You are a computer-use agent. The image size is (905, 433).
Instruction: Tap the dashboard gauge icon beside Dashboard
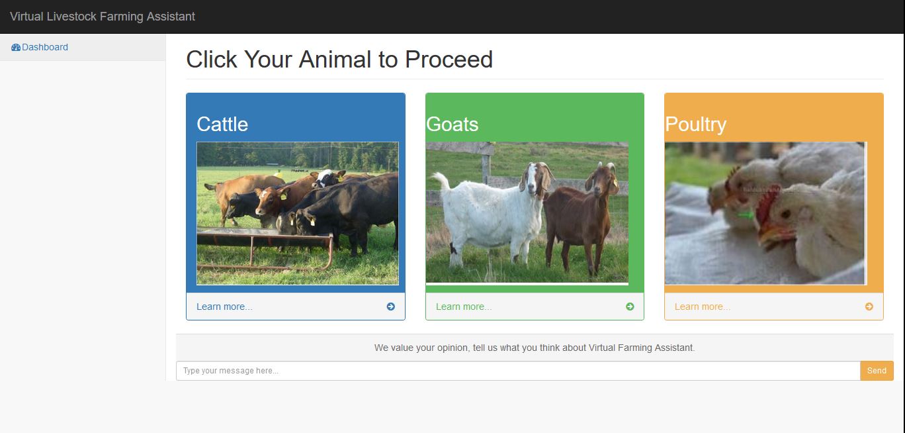point(16,48)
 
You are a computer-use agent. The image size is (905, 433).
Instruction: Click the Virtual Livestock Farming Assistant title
point(103,17)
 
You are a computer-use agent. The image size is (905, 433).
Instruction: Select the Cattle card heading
point(222,124)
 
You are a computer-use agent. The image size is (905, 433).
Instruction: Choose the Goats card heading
point(452,124)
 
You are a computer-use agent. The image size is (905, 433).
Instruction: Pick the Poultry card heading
point(695,124)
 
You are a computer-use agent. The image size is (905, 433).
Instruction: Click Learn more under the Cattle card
point(224,307)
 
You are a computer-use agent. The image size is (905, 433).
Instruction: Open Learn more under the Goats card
point(463,307)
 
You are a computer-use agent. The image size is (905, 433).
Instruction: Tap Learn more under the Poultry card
point(702,307)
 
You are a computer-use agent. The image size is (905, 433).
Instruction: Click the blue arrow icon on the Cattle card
point(391,307)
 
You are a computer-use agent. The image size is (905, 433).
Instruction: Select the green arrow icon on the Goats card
point(630,307)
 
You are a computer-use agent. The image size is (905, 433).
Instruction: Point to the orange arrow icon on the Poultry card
point(869,307)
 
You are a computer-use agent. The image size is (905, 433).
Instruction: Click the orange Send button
point(877,371)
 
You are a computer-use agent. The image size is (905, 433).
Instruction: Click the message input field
point(518,371)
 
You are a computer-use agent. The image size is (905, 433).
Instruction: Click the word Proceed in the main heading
point(449,60)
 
